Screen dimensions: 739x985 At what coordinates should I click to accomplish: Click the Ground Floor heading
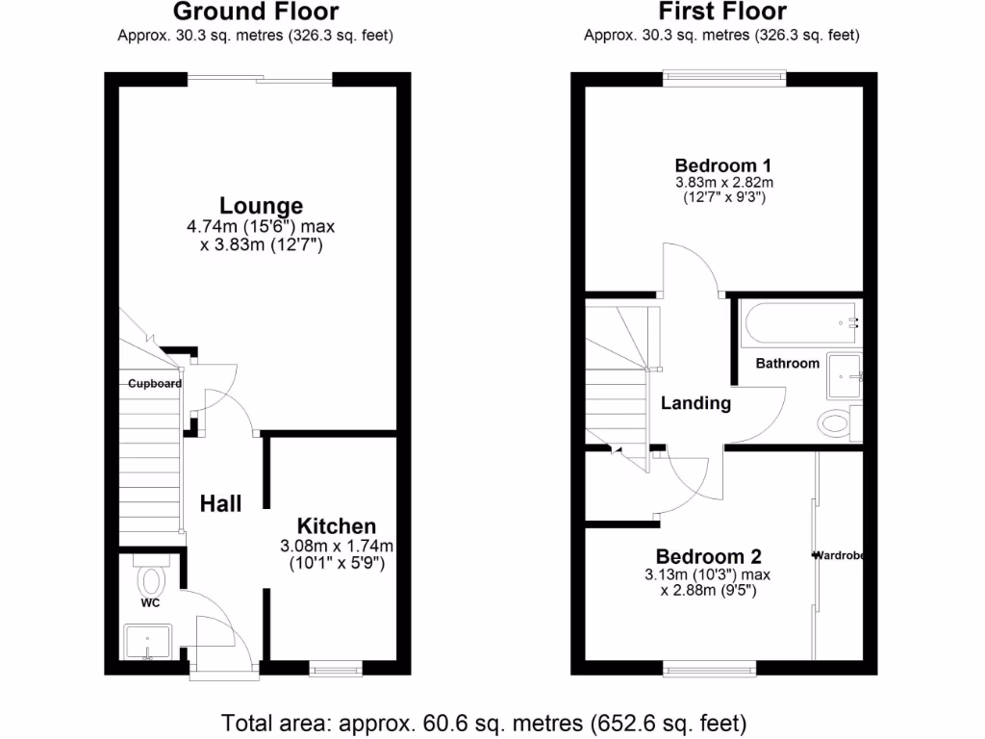click(x=255, y=13)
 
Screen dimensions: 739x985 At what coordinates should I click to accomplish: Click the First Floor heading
click(x=721, y=13)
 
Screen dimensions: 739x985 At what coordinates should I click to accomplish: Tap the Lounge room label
click(x=261, y=205)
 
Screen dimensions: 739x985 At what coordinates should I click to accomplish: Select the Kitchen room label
click(x=336, y=525)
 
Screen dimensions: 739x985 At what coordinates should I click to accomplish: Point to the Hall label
click(x=220, y=503)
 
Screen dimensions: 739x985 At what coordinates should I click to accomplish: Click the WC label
click(x=150, y=603)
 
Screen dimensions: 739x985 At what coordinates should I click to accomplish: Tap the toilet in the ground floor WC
click(x=152, y=579)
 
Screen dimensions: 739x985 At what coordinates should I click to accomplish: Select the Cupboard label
click(x=155, y=383)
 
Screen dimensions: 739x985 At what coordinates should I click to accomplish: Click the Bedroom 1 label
click(x=722, y=165)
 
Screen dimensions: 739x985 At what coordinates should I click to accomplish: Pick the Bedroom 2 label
click(x=708, y=556)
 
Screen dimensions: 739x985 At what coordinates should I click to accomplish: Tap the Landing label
click(x=695, y=403)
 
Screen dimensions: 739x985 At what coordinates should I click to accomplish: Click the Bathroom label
click(x=787, y=363)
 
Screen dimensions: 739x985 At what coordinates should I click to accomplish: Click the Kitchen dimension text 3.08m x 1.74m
click(x=336, y=546)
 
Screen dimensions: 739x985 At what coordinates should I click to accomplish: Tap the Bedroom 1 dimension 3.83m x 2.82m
click(x=722, y=182)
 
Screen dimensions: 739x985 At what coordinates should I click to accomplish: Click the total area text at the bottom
click(x=484, y=722)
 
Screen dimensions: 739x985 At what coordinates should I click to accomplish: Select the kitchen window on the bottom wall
click(x=336, y=664)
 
